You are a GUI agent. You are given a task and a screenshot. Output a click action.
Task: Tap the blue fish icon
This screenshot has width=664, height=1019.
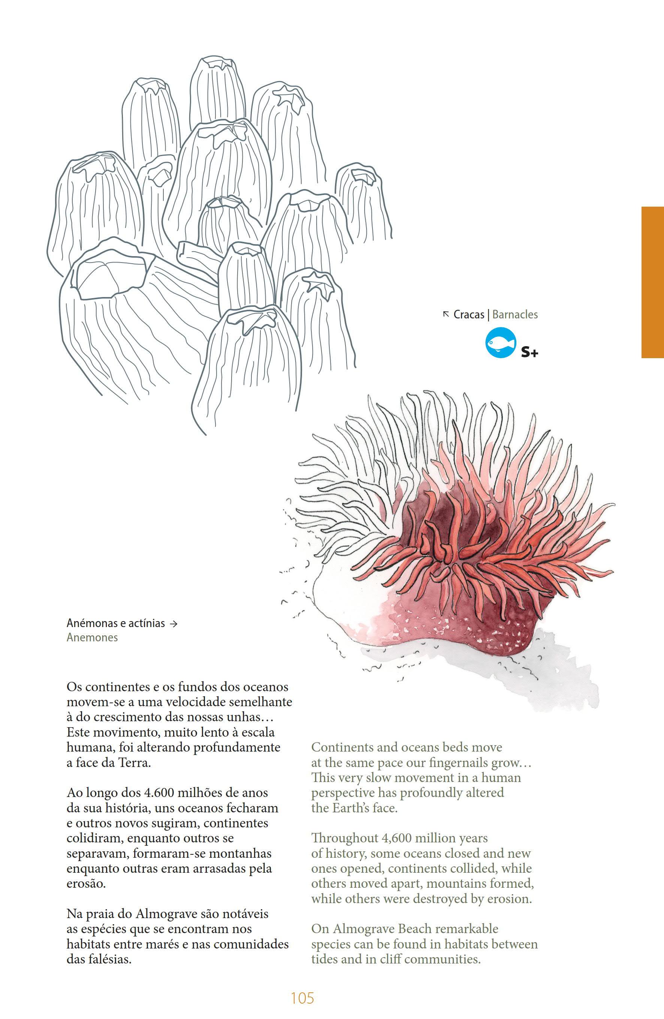click(501, 342)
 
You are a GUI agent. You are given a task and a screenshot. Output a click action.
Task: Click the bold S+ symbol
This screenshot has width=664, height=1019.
click(529, 353)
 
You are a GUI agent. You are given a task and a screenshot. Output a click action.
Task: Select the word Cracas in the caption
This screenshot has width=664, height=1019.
click(468, 315)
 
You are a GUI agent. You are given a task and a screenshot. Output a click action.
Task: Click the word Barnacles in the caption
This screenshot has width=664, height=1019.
click(515, 315)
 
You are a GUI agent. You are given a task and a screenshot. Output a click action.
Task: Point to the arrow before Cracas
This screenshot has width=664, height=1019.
click(446, 314)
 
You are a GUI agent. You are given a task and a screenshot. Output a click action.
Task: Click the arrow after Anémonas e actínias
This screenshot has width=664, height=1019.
click(173, 624)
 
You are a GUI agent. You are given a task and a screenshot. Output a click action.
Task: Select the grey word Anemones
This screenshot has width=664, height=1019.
click(92, 638)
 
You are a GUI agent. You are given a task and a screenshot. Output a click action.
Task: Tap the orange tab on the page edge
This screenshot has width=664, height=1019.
click(652, 282)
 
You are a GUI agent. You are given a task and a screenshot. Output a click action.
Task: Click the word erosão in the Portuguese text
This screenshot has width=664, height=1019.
click(86, 884)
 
